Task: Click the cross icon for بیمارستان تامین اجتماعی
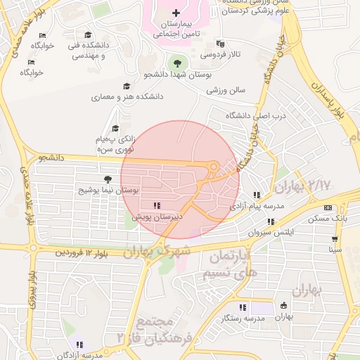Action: click(x=176, y=13)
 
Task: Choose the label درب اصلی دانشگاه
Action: click(x=247, y=115)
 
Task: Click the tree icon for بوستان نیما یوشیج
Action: click(x=107, y=180)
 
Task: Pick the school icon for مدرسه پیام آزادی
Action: click(x=257, y=195)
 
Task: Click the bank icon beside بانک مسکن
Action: click(x=328, y=207)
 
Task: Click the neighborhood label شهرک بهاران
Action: click(x=156, y=250)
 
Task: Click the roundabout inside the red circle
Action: click(x=215, y=167)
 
